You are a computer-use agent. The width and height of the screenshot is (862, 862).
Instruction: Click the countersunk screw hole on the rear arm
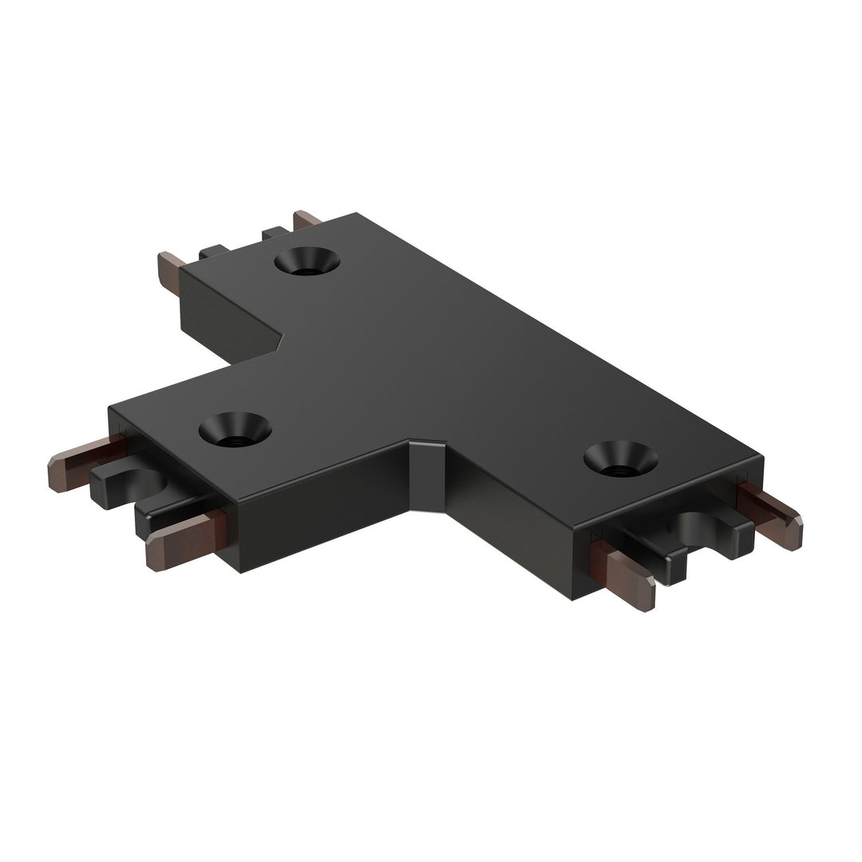click(x=306, y=262)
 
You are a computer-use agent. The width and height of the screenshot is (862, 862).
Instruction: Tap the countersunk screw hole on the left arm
click(x=235, y=429)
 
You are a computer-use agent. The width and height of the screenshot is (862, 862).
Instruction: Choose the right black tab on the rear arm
click(x=276, y=233)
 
